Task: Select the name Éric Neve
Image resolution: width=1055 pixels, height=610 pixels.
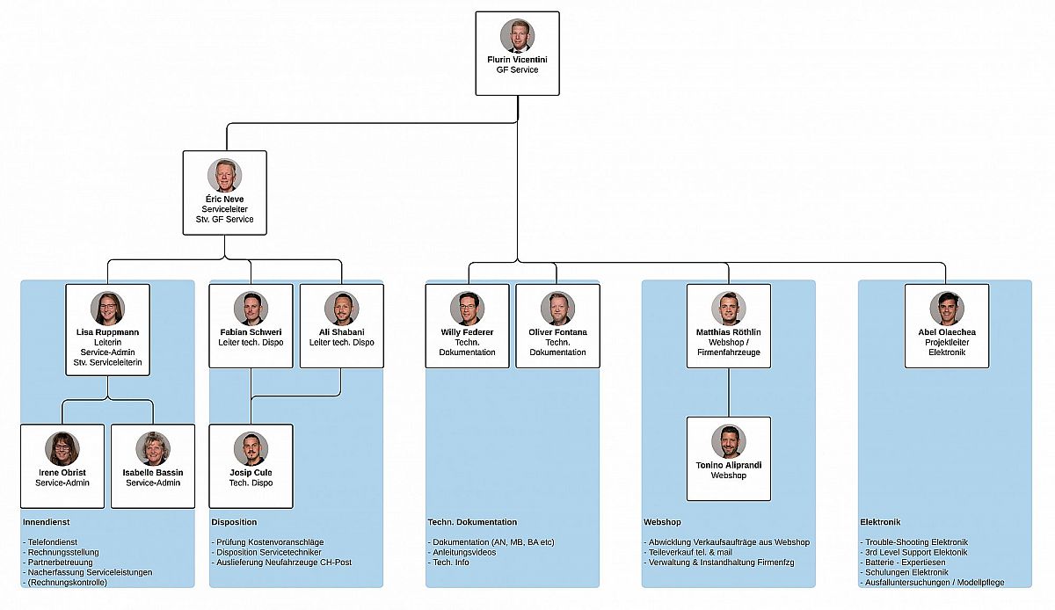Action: click(x=224, y=200)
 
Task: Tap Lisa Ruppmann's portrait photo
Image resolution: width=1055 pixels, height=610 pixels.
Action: click(x=107, y=309)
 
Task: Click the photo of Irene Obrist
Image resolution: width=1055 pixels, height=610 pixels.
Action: click(x=62, y=448)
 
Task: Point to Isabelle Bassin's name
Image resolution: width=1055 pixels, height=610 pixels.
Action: click(x=154, y=473)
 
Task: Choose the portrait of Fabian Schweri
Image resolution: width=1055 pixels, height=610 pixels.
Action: click(x=251, y=309)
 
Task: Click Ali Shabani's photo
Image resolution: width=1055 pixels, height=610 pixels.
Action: click(x=341, y=309)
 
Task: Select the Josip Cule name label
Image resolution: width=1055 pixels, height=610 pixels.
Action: click(x=251, y=473)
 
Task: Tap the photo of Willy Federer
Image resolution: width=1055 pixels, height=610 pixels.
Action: click(x=467, y=309)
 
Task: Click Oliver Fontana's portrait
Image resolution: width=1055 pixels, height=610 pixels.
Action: click(x=557, y=309)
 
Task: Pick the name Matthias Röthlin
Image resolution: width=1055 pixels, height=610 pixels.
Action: click(x=728, y=332)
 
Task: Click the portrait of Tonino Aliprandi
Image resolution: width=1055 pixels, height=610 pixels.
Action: click(x=728, y=441)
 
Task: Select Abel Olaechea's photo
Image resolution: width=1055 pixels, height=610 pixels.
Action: click(x=947, y=309)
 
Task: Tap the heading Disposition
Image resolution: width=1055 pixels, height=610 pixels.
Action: click(x=234, y=522)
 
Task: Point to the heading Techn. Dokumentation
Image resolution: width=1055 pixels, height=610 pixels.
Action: click(x=472, y=522)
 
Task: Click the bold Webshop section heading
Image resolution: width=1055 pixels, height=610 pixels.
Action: click(x=662, y=522)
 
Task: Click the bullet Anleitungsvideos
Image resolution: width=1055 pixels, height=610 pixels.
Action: click(x=464, y=552)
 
